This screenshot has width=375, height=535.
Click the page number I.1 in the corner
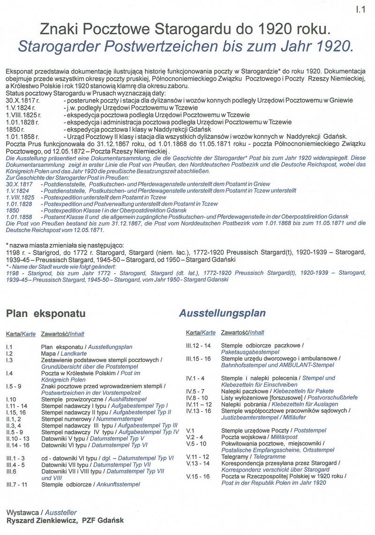coord(360,8)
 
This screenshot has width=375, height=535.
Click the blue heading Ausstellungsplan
coord(222,313)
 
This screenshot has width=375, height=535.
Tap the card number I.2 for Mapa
coord(9,353)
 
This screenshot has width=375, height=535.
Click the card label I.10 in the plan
coord(11,399)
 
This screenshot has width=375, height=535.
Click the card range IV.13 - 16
coord(199,410)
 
